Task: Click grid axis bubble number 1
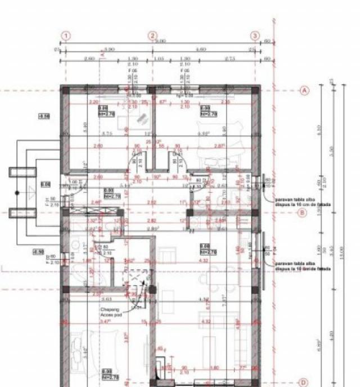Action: [x=66, y=36]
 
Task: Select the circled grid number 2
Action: [x=152, y=36]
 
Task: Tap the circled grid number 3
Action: [x=255, y=36]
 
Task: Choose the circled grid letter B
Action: [x=302, y=213]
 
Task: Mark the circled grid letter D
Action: [x=303, y=381]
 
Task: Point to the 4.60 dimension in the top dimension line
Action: [x=202, y=49]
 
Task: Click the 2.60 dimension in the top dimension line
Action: [x=89, y=58]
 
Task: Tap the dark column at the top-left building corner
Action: [x=65, y=90]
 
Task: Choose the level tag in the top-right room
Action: [x=205, y=111]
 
